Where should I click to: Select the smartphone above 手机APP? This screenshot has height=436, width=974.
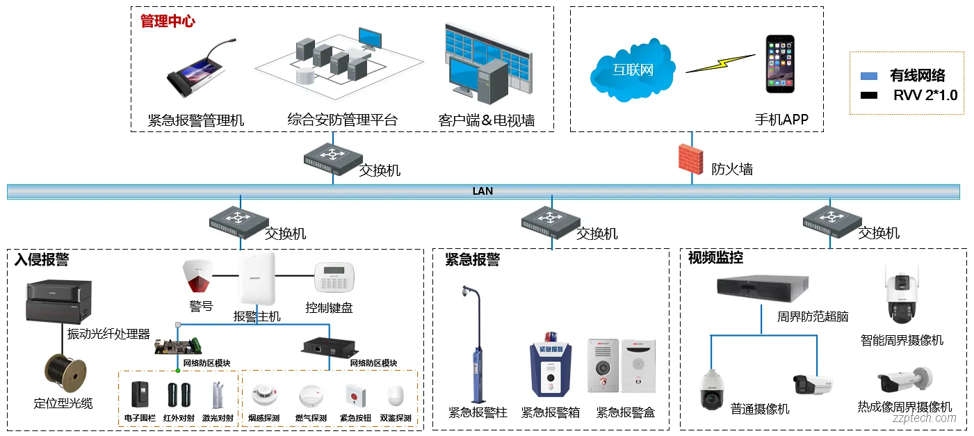[780, 64]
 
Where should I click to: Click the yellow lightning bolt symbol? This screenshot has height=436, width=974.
[719, 65]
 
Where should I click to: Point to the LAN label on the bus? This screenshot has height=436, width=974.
[482, 191]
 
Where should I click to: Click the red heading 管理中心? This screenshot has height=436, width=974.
[168, 22]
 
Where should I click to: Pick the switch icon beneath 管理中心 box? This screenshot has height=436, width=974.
[332, 158]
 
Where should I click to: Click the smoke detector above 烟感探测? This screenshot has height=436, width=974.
[263, 396]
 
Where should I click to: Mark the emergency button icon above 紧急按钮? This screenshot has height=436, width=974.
[355, 396]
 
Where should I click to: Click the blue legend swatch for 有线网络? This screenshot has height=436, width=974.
[868, 76]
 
